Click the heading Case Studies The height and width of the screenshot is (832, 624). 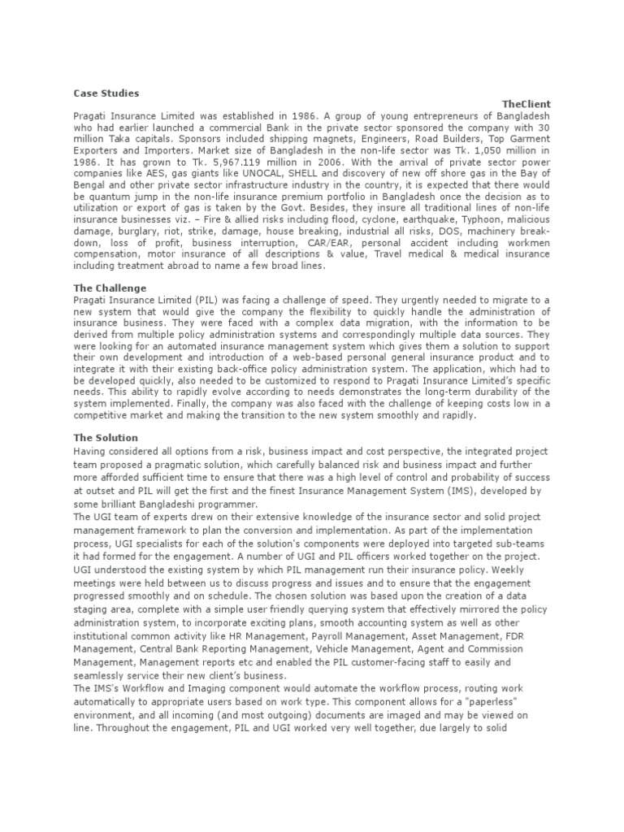[x=106, y=93]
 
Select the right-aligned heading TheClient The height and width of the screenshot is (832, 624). [x=526, y=105]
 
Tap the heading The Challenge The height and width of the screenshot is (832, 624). [x=110, y=288]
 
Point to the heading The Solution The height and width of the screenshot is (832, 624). [x=106, y=438]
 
